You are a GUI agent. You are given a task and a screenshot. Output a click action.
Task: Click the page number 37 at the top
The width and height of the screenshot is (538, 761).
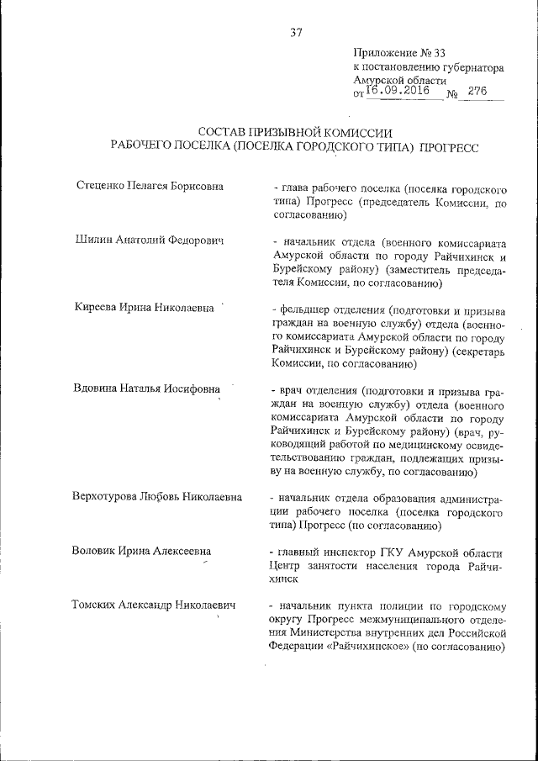coord(295,33)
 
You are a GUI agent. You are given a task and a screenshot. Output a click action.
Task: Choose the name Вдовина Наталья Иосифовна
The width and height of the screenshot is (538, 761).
coord(148,389)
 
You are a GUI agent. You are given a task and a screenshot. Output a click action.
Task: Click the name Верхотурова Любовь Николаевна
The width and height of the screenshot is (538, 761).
coord(157,496)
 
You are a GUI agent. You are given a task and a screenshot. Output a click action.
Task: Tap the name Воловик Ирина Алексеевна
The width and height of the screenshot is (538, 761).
coord(141,551)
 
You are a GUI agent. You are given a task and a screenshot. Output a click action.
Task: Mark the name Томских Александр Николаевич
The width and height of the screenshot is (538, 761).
coord(154,605)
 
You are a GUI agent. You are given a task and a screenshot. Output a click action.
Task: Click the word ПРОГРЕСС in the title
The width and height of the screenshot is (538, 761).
coord(449,147)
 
